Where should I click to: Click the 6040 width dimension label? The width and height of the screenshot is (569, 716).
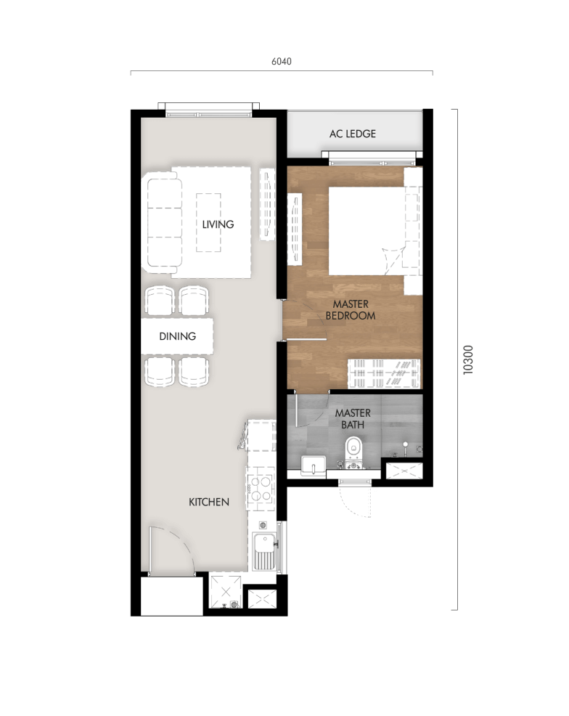point(281,62)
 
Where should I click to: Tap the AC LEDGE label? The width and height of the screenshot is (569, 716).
point(353,134)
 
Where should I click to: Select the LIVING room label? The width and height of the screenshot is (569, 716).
point(218,224)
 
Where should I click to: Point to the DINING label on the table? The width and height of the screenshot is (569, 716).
point(178,335)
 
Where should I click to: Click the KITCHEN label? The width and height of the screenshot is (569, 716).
point(209,502)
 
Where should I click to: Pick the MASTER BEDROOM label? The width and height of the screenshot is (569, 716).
point(351,310)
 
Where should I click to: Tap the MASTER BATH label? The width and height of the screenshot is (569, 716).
point(353,418)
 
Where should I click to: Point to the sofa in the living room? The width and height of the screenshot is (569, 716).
point(164,223)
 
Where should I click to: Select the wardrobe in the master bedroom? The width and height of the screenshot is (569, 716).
point(384,373)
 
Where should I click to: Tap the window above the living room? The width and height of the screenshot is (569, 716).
point(209,108)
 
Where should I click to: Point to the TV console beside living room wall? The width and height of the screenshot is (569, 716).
point(267,204)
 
